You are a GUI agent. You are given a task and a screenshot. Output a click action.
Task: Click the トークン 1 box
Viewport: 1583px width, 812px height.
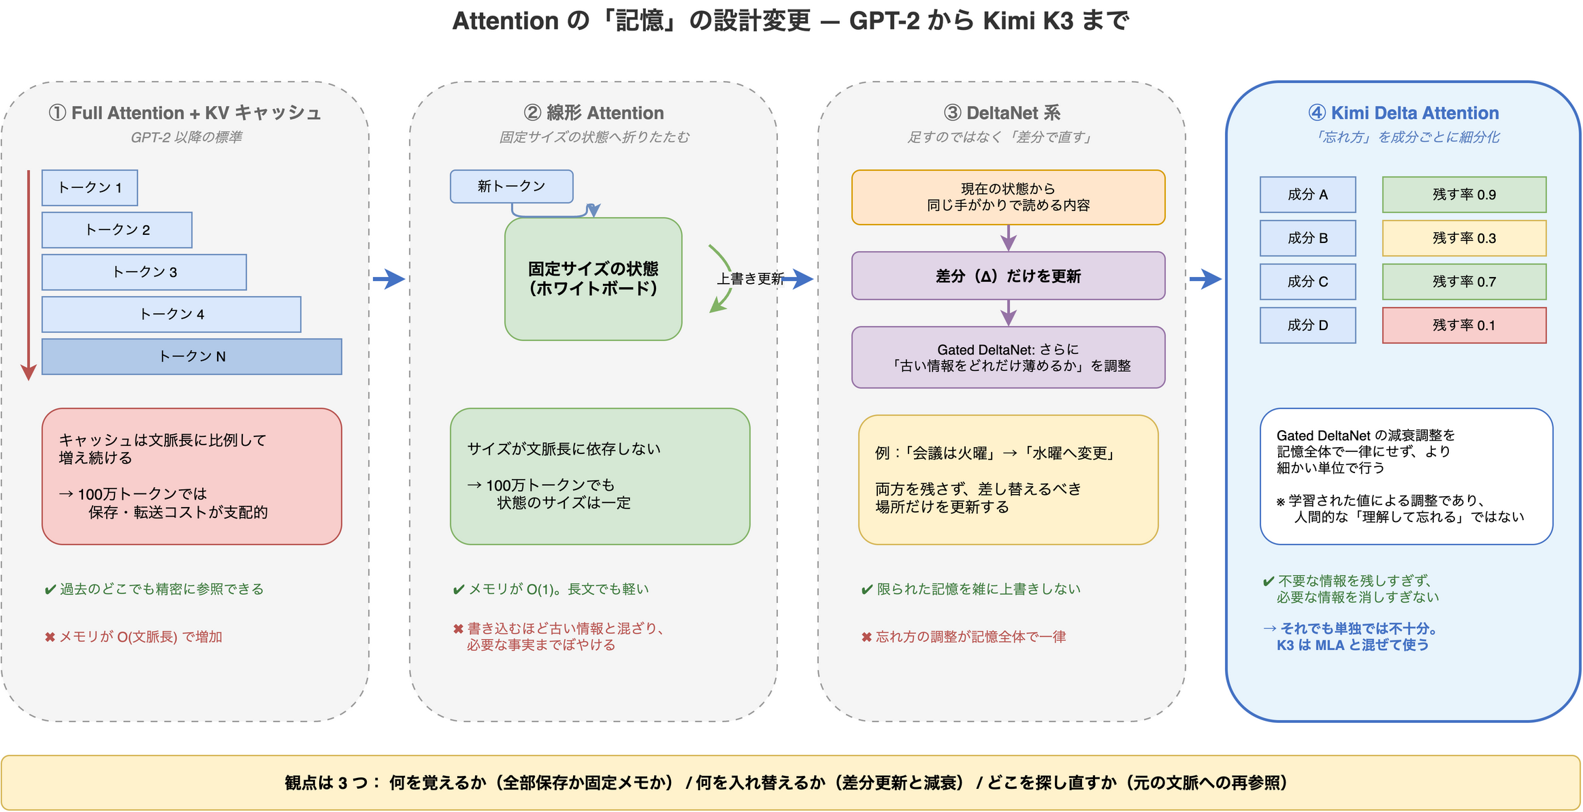click(x=89, y=188)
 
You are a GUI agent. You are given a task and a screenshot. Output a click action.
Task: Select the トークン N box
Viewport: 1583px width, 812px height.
click(x=191, y=357)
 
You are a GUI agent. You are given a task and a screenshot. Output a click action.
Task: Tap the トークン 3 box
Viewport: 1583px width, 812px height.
click(x=144, y=272)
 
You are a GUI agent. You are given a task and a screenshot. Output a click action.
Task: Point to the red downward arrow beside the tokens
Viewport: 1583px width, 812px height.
click(x=29, y=275)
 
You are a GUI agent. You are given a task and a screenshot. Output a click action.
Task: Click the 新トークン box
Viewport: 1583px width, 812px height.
click(x=511, y=186)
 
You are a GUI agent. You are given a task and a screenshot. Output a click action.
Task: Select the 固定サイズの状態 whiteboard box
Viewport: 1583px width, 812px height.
click(x=593, y=279)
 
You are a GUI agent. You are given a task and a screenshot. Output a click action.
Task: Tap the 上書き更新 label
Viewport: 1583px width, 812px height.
click(x=749, y=278)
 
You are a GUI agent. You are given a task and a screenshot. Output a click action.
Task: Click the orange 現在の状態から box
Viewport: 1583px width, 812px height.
click(x=1008, y=197)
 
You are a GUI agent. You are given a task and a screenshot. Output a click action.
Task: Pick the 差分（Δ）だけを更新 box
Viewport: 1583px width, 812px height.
click(x=1008, y=276)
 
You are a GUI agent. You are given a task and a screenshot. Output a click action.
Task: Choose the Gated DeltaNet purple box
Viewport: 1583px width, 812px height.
click(x=1008, y=357)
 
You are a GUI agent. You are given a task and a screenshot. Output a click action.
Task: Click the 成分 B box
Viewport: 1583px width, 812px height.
click(x=1307, y=238)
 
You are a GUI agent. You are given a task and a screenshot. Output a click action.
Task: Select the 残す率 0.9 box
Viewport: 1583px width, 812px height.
click(x=1464, y=195)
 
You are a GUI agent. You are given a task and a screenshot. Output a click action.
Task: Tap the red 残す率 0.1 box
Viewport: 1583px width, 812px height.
click(x=1464, y=325)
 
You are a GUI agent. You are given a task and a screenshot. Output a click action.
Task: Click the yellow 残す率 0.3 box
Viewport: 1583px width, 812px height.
click(x=1464, y=238)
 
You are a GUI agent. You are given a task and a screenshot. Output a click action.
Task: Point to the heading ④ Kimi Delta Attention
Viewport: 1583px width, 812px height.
click(x=1403, y=113)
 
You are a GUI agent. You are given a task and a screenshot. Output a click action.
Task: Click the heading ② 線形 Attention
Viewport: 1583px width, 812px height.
click(x=593, y=113)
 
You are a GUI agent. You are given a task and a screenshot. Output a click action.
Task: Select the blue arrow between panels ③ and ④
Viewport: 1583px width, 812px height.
click(x=1205, y=278)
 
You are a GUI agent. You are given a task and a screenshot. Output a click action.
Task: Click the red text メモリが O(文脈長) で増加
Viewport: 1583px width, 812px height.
click(x=133, y=637)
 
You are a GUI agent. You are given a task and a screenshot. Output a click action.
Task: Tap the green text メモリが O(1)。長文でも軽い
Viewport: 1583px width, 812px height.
click(x=551, y=589)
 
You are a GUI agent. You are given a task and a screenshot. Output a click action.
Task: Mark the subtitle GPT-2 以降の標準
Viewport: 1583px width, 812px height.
click(x=186, y=137)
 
